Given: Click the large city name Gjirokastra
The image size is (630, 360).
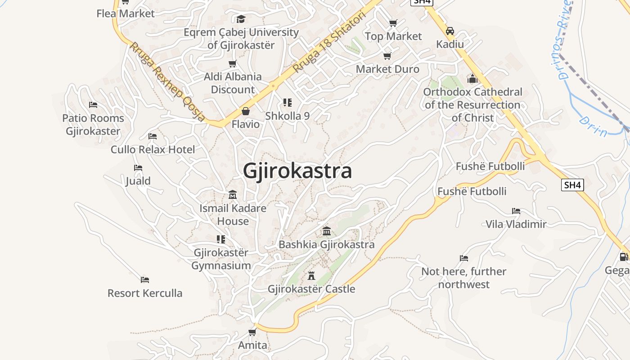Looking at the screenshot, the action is [x=297, y=171].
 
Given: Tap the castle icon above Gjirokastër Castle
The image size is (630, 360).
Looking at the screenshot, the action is [x=311, y=275].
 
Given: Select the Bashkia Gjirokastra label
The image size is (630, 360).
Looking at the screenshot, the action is [x=327, y=245].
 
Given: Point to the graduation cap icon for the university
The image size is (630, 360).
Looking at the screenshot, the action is [x=241, y=19].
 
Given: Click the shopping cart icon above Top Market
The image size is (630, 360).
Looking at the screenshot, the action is [x=393, y=23].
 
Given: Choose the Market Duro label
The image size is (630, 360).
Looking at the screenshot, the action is [x=387, y=69].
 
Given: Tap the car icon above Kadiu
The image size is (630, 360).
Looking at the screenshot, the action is [x=450, y=31].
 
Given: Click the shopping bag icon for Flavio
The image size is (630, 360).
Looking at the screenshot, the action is [x=246, y=111].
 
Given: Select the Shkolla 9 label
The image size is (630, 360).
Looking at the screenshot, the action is [x=287, y=116].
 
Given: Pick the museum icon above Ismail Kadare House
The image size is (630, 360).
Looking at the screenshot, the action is [x=233, y=195].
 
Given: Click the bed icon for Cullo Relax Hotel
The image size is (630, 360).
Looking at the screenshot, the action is [x=153, y=136].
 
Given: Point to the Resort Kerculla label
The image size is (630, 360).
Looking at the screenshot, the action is [x=145, y=293].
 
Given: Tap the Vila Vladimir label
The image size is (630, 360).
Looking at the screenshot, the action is [x=516, y=224].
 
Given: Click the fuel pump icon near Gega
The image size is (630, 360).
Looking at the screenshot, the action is [x=624, y=257].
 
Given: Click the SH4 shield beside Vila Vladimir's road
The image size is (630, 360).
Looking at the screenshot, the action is [x=572, y=184].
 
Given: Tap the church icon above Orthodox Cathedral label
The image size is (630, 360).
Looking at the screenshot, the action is [x=472, y=79].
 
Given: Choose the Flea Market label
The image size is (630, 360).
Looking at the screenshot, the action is [x=126, y=13].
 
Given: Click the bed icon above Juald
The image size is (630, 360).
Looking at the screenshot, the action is [x=138, y=168].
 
